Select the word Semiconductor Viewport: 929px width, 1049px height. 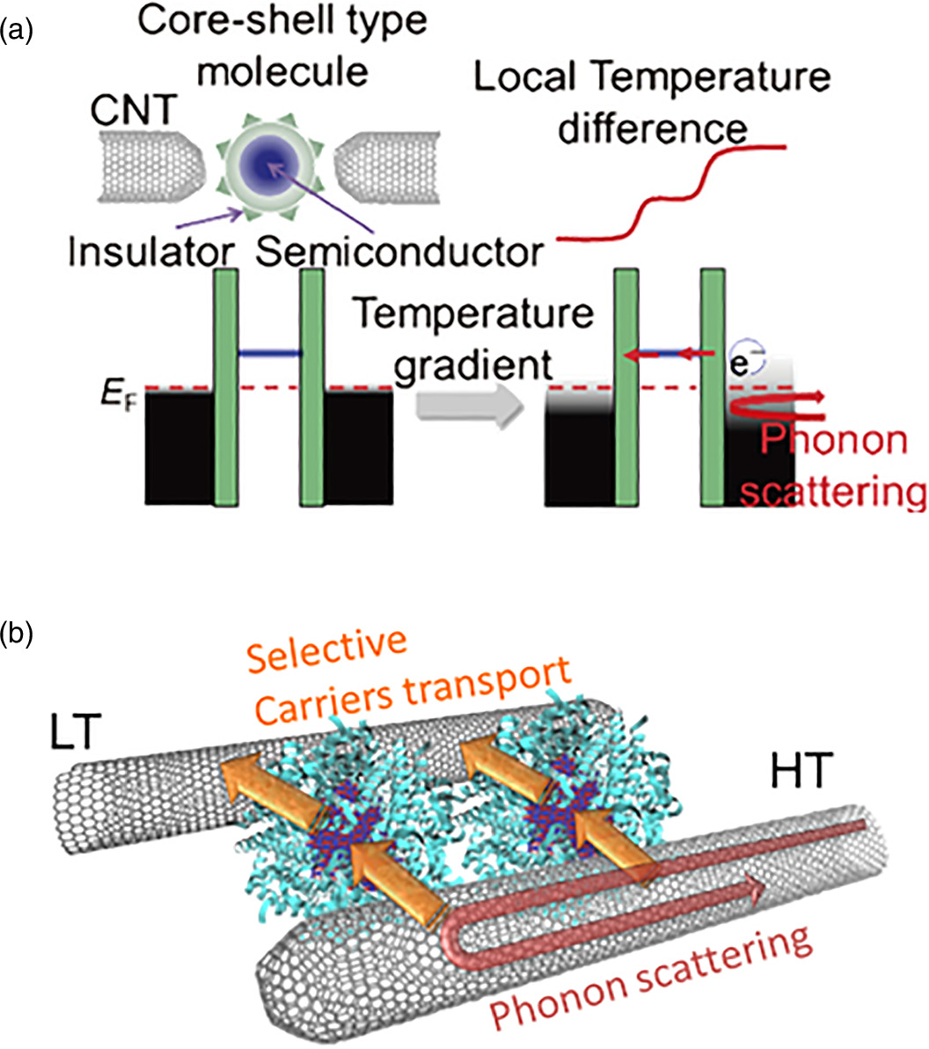(399, 253)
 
